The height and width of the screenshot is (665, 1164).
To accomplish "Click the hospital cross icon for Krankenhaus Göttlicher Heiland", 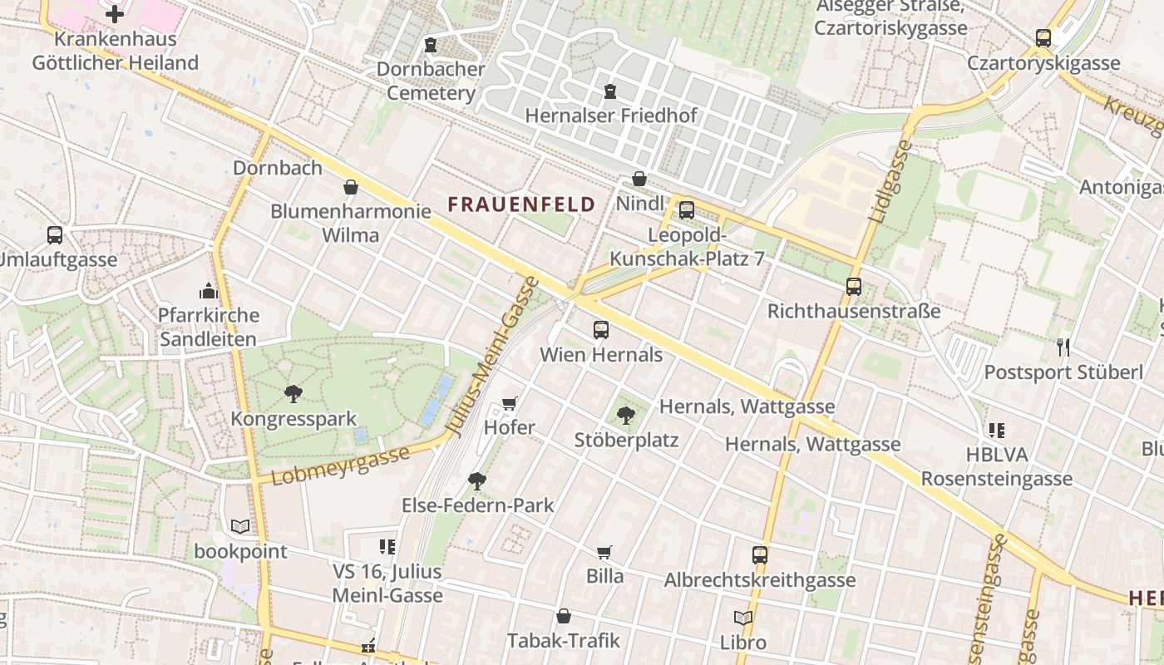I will tap(115, 13).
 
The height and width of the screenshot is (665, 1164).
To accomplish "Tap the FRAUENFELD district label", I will tap(521, 204).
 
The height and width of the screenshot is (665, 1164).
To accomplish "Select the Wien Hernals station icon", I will tap(601, 330).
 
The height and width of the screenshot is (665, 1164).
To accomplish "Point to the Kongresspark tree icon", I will tap(293, 393).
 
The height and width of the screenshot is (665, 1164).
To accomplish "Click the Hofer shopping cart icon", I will tap(510, 404).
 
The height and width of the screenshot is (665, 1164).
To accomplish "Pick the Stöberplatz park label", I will tap(626, 440).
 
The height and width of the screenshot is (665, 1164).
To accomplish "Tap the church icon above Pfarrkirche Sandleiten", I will tap(208, 291).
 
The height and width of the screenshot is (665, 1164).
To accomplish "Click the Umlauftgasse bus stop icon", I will tap(55, 235).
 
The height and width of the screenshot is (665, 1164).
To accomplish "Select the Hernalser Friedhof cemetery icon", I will tap(610, 91).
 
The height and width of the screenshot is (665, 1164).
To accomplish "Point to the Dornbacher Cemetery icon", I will tap(430, 44).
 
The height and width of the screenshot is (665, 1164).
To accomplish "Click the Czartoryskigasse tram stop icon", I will tap(1043, 38).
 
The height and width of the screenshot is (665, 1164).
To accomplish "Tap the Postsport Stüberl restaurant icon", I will tap(1063, 347).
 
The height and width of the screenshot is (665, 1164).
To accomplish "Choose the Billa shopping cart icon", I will tap(604, 552).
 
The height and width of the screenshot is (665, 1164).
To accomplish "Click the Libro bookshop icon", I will tap(743, 618).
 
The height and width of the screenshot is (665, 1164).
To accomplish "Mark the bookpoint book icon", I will tap(240, 526).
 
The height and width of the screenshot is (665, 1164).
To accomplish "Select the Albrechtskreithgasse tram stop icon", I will tap(759, 555).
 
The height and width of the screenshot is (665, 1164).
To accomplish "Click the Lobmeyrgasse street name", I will tap(341, 465).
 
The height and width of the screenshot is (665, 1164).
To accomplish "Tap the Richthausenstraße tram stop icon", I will tap(853, 287).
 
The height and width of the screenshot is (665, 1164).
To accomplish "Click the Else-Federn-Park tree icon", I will tap(477, 480).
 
